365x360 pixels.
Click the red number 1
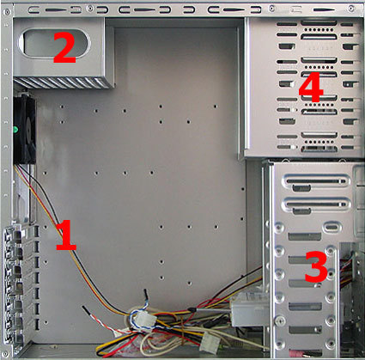coord(66,235)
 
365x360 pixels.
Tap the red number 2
coord(64,47)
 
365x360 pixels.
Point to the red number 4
coord(311,87)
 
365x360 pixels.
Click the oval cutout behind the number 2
coord(54,43)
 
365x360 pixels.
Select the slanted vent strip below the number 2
coord(64,82)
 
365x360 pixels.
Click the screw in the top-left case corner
coord(8,12)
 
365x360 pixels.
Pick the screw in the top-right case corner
coord(351,9)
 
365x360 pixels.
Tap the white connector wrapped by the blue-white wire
coord(145,320)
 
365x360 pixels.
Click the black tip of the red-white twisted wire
coord(85,310)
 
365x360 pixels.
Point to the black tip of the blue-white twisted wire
coord(146,295)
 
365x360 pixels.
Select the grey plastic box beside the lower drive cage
coord(251,311)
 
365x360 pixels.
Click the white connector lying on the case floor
coord(209,344)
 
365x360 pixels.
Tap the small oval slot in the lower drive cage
coord(332,229)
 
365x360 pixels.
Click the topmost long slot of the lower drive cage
coord(316,181)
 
